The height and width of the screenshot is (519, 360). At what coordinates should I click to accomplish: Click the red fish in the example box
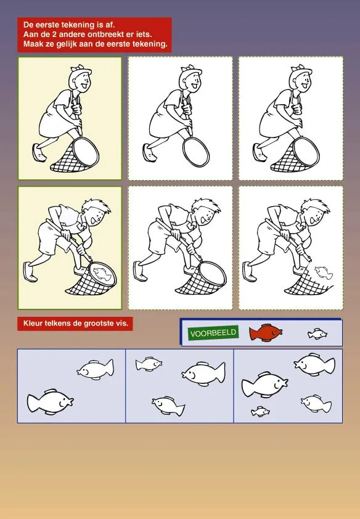click(x=266, y=333)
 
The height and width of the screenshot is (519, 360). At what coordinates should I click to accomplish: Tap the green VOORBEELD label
click(x=213, y=333)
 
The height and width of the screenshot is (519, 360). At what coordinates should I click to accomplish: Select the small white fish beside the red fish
click(x=317, y=334)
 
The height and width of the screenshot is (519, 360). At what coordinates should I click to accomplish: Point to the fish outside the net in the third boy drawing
click(x=323, y=272)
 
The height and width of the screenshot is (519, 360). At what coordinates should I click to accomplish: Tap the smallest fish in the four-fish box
click(x=260, y=412)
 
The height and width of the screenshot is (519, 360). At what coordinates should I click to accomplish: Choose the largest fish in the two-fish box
click(x=51, y=401)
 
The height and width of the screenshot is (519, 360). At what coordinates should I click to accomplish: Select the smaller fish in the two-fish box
click(x=96, y=369)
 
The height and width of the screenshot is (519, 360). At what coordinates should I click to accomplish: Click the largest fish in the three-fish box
click(x=204, y=374)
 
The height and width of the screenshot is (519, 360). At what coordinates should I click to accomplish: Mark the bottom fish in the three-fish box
click(x=168, y=406)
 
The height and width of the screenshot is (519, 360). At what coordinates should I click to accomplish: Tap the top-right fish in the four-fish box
click(x=314, y=364)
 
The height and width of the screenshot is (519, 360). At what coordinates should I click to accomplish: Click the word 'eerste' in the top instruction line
click(x=49, y=25)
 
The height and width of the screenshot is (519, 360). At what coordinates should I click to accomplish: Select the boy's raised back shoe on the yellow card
click(x=30, y=271)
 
